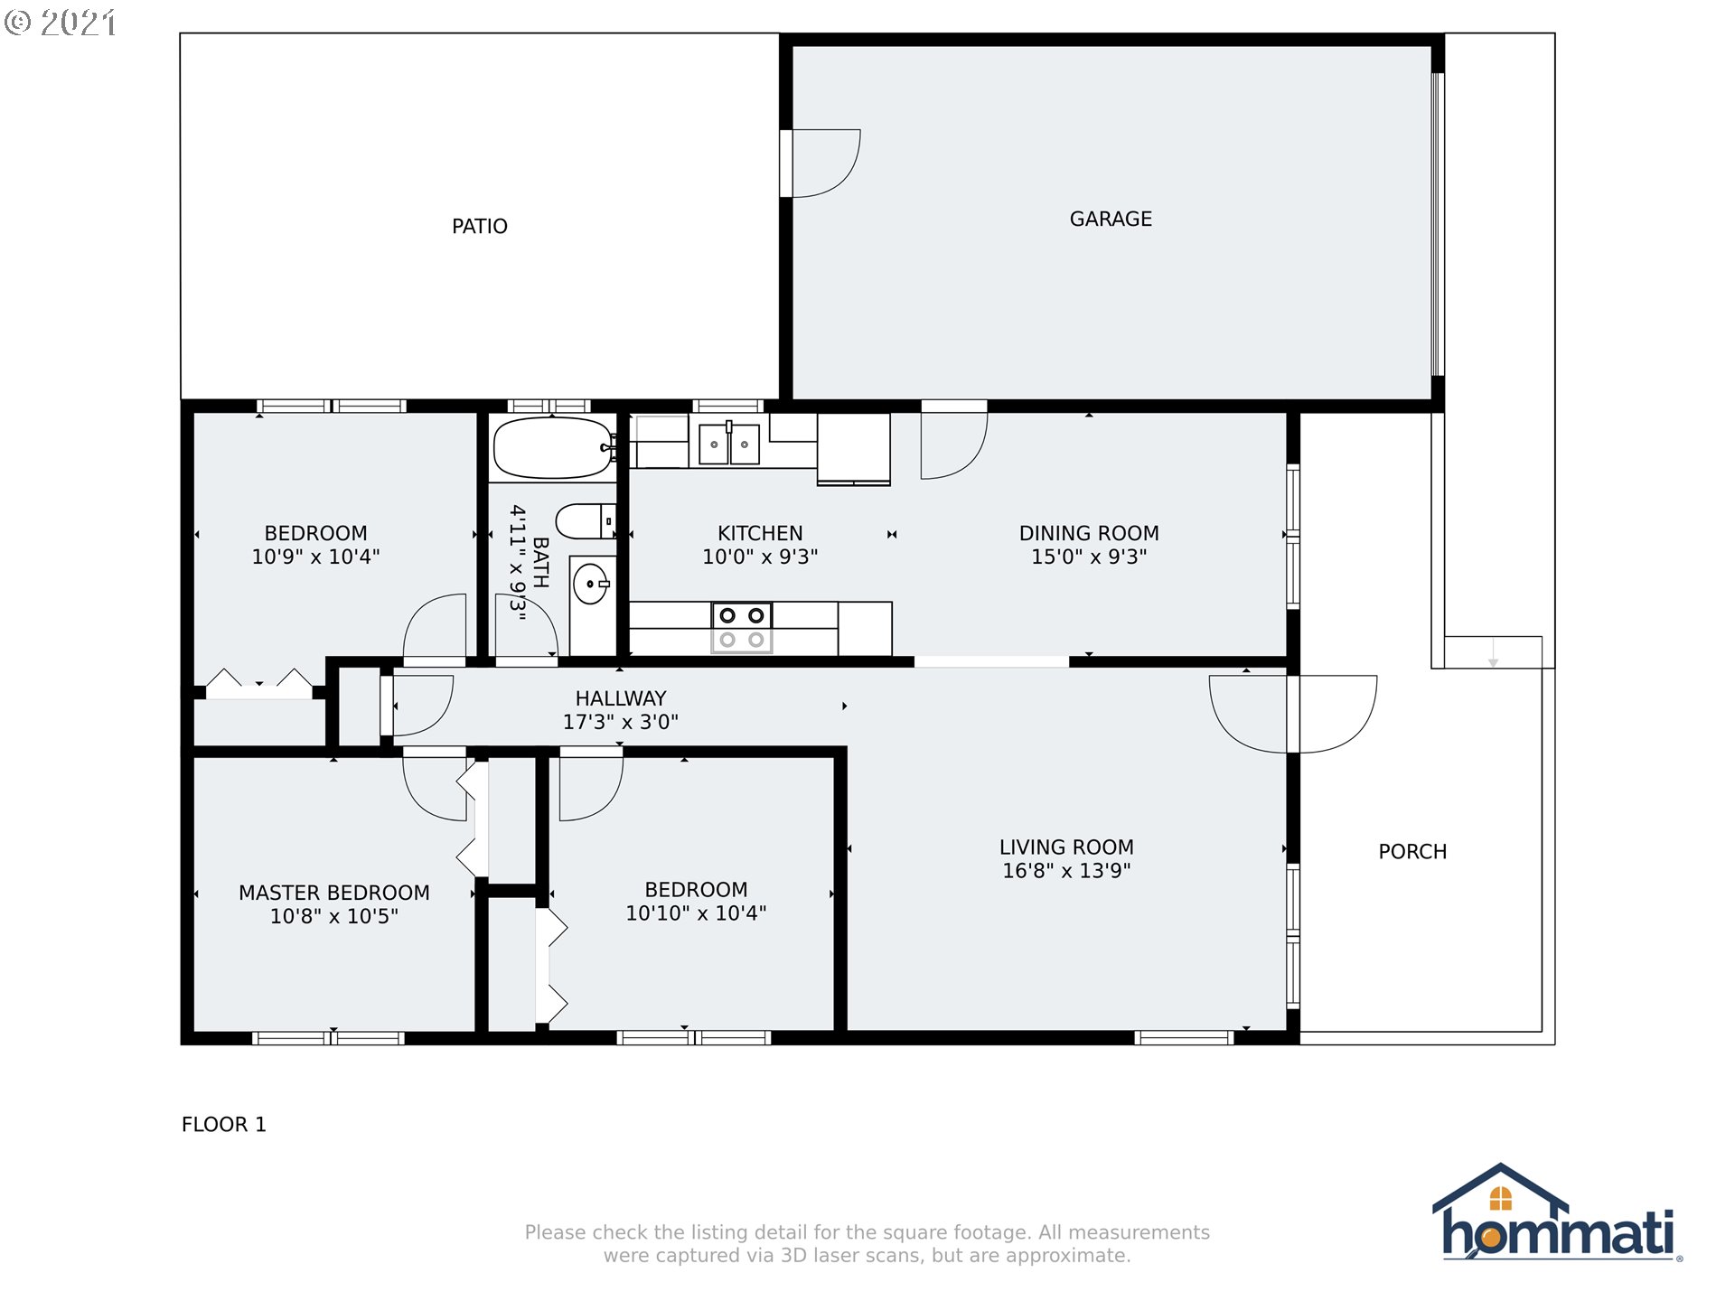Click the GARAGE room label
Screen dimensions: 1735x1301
[1111, 220]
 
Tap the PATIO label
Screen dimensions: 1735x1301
[480, 227]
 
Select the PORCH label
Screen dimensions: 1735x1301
[1412, 852]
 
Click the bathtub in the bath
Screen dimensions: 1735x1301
[553, 447]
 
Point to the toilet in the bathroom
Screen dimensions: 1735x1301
[586, 521]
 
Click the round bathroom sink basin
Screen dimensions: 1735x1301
[591, 584]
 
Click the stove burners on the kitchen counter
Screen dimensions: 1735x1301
[742, 627]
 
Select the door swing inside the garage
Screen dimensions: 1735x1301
[822, 164]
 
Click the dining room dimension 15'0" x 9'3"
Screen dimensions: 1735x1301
[1089, 557]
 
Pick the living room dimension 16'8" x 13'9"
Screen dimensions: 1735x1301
[1066, 871]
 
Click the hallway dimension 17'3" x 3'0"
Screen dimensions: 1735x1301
[621, 722]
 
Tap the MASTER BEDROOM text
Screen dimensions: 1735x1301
[334, 893]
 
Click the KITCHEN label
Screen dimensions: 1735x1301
[760, 534]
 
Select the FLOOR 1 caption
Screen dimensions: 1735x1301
[224, 1125]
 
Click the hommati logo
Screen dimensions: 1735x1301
[1558, 1212]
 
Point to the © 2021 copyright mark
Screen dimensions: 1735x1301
[61, 23]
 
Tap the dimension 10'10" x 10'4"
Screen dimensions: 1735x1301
[696, 913]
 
